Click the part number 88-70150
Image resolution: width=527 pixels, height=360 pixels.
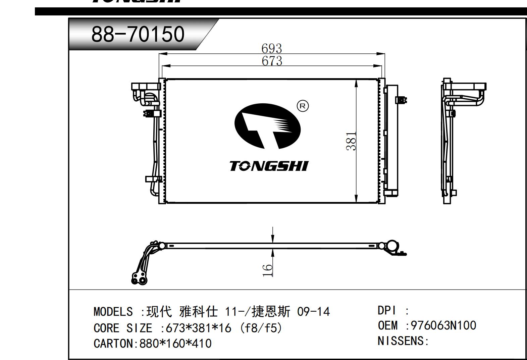138,34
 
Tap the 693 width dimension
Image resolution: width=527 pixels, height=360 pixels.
271,49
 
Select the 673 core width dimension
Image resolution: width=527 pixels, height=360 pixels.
272,61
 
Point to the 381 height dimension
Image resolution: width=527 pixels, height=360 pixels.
351,141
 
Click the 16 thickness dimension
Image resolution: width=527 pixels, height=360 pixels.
267,270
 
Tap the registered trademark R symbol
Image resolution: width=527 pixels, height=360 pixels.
303,106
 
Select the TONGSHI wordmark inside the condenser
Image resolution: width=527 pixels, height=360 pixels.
269,166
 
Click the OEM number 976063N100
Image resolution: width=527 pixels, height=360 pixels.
443,325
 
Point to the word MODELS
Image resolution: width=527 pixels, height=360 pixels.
113,312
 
